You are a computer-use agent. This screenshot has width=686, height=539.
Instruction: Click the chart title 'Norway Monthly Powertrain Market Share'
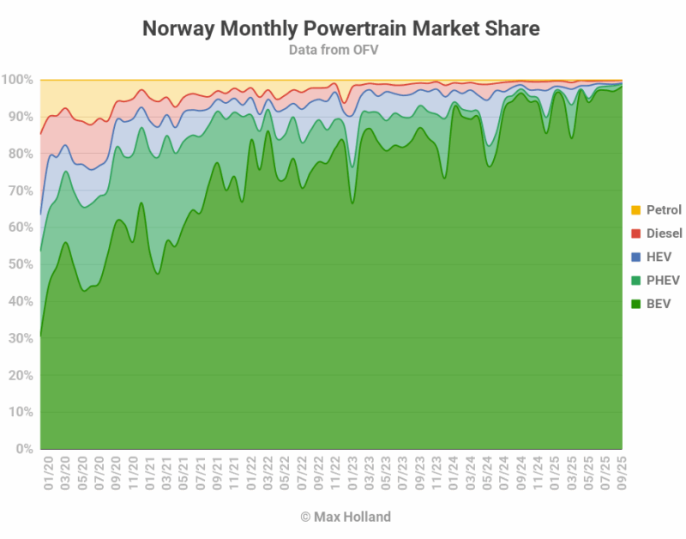(x=340, y=28)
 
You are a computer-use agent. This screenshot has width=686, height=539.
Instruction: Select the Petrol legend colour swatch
(x=635, y=210)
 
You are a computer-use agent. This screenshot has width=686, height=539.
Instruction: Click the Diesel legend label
(x=664, y=233)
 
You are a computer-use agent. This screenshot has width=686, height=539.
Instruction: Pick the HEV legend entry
(x=657, y=257)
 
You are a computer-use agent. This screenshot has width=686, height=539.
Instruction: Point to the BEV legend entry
(x=657, y=303)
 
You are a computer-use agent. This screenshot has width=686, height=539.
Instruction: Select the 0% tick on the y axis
(x=23, y=449)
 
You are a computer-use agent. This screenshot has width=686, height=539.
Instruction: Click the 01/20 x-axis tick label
(x=49, y=472)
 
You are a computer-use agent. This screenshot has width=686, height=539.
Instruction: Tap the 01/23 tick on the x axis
(x=352, y=472)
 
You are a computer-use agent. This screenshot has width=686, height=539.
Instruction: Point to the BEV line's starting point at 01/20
(x=41, y=337)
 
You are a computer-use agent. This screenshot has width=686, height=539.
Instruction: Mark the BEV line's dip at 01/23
(x=352, y=203)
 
